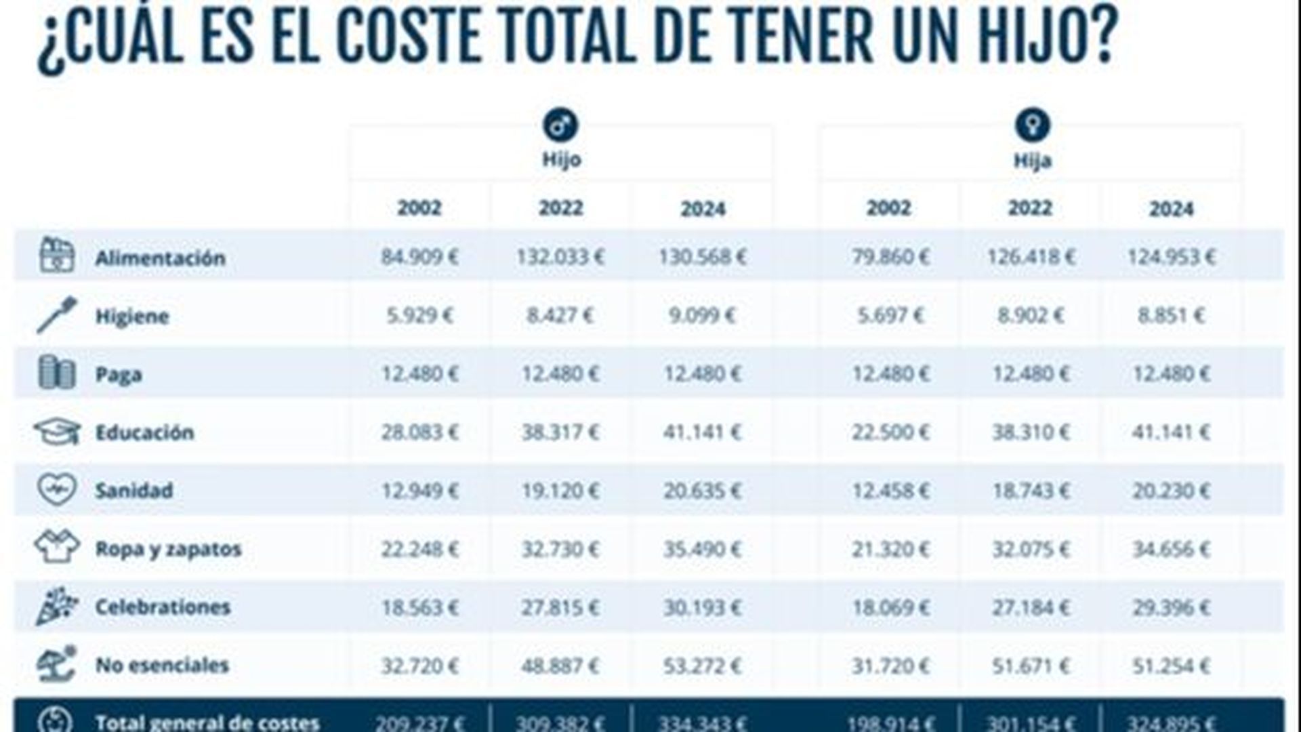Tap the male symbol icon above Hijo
[560, 125]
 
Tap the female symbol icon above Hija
[1031, 125]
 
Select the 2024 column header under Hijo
[703, 209]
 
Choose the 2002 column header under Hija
[889, 207]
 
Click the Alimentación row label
[160, 258]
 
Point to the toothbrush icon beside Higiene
[57, 315]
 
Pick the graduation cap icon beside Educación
[57, 432]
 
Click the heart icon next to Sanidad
[57, 489]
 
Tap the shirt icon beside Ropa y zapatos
[57, 547]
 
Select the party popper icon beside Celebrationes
[57, 606]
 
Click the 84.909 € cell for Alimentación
[419, 257]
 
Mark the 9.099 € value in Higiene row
[702, 315]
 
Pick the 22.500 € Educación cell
[890, 432]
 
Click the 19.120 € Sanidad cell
[560, 490]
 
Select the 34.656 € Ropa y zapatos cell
[1171, 548]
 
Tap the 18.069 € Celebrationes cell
[890, 607]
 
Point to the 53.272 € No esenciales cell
[702, 665]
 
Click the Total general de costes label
[207, 722]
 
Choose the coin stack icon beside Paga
[57, 373]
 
